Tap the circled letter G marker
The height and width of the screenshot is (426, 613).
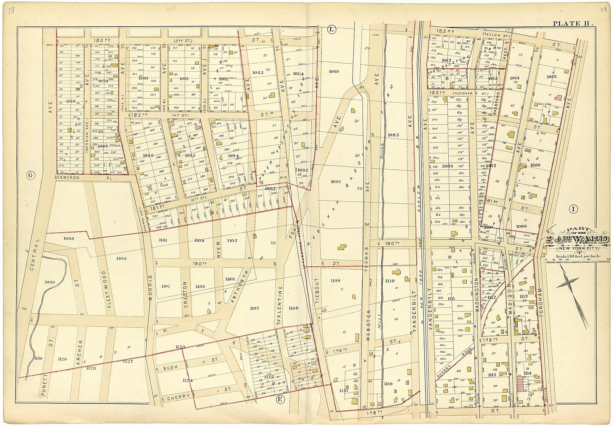(x=30, y=175)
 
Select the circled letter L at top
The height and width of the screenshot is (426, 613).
(x=331, y=29)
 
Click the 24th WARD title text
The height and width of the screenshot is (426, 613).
(x=577, y=240)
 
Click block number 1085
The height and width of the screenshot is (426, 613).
(x=393, y=135)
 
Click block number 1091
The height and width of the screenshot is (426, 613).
(x=335, y=182)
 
